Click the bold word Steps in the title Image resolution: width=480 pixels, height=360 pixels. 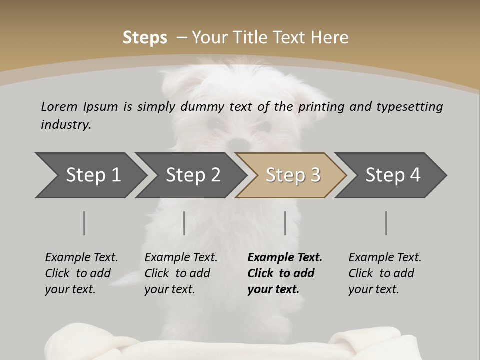(145, 38)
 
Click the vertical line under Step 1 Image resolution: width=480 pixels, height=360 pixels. (84, 223)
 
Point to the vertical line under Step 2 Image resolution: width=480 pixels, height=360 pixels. (184, 223)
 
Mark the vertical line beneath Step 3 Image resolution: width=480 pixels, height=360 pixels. (285, 223)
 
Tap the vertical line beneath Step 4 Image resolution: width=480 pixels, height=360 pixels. (386, 223)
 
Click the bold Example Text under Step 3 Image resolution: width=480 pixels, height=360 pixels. (285, 273)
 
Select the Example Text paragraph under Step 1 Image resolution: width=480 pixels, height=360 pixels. (81, 273)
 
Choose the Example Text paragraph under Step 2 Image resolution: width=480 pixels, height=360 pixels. (181, 273)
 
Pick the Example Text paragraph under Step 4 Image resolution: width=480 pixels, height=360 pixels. (385, 273)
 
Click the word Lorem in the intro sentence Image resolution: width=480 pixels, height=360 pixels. (59, 107)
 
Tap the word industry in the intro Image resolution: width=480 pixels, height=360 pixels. (65, 125)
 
